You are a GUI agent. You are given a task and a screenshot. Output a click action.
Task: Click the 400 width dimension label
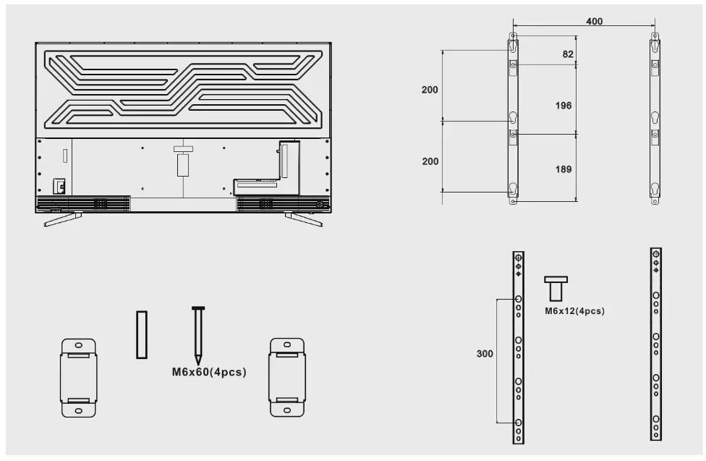click(x=594, y=22)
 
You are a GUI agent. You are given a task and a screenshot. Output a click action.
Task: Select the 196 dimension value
click(x=563, y=106)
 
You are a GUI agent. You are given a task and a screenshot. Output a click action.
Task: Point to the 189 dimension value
click(x=563, y=169)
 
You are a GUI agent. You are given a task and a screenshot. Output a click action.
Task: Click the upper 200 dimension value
click(x=430, y=90)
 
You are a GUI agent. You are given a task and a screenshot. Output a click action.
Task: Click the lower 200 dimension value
click(x=430, y=161)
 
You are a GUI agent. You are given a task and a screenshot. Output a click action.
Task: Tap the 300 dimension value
click(x=485, y=355)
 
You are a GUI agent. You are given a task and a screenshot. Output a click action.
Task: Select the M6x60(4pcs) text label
click(x=208, y=373)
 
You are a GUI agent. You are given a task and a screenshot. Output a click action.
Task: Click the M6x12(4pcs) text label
click(x=574, y=311)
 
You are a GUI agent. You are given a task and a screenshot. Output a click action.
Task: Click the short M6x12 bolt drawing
click(x=556, y=289)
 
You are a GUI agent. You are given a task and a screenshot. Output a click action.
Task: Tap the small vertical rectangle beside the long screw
click(x=142, y=334)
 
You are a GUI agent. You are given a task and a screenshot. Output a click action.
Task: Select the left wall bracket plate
click(x=78, y=376)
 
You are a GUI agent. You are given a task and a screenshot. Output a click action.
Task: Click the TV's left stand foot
click(x=63, y=218)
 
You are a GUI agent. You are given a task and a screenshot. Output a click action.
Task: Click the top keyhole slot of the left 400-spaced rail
click(x=513, y=46)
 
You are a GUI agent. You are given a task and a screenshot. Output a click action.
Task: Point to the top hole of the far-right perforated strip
click(x=655, y=254)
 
